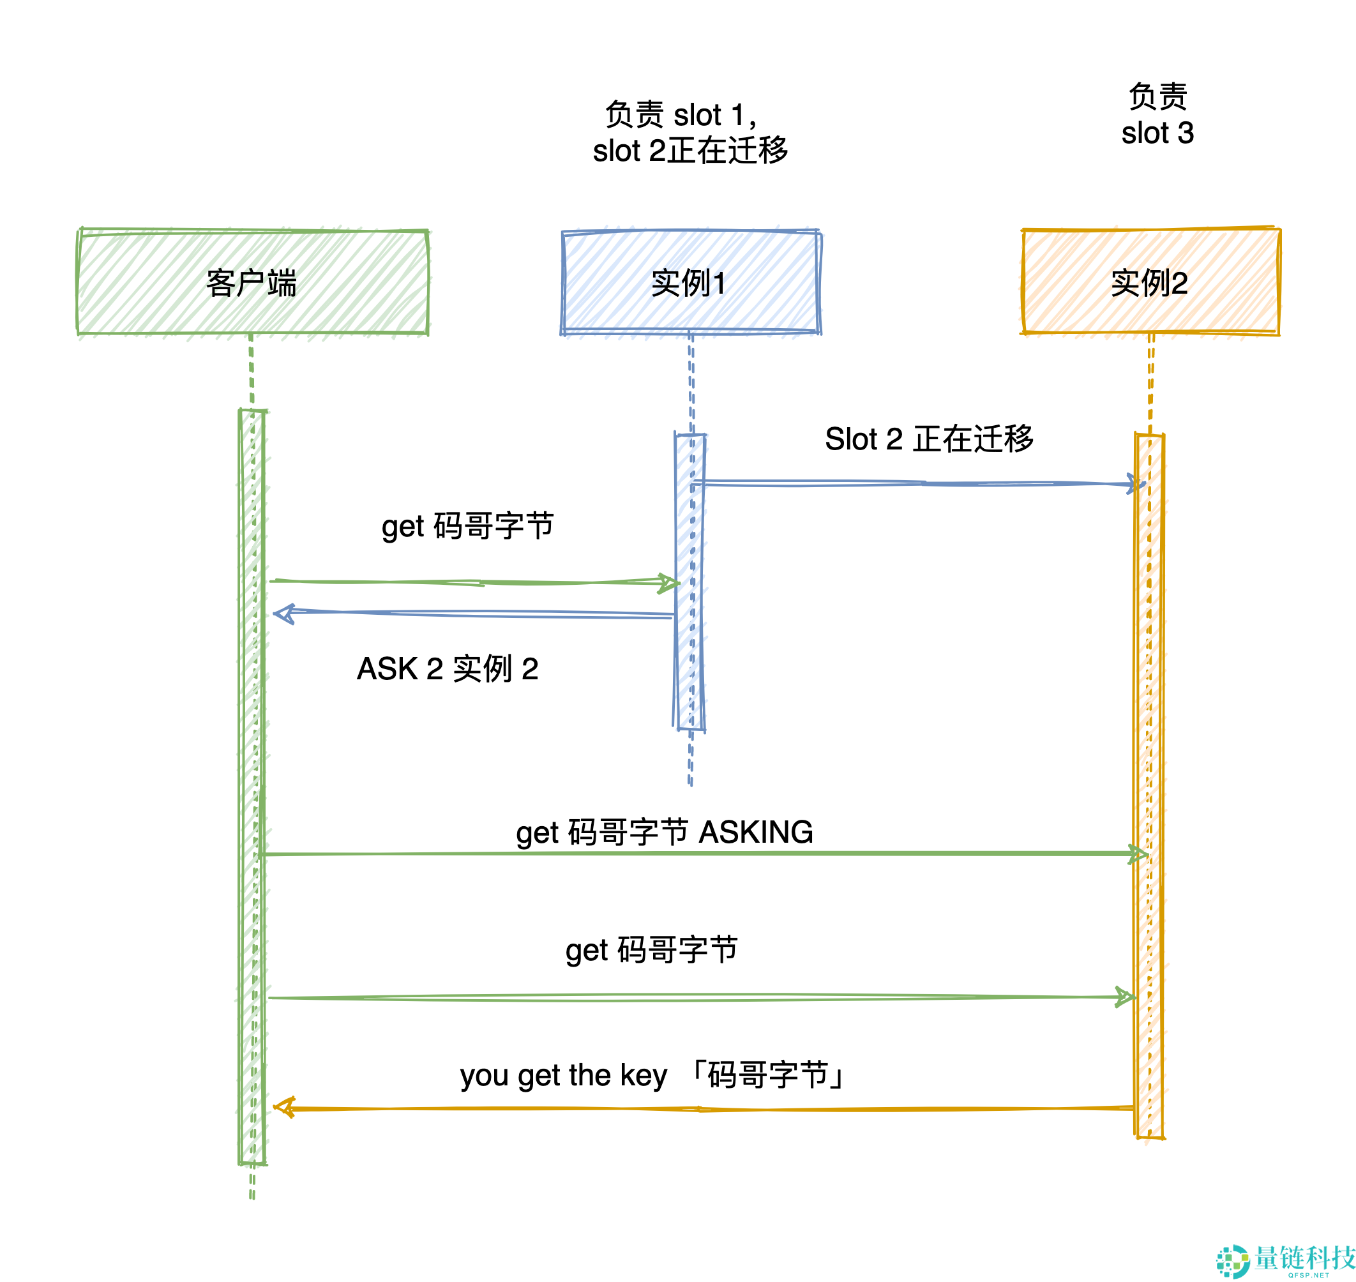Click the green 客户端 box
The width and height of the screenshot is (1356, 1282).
click(x=253, y=282)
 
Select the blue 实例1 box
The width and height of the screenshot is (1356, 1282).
click(x=690, y=282)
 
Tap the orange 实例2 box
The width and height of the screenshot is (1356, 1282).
click(x=1150, y=282)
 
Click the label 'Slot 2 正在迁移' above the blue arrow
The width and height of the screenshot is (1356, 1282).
click(x=929, y=439)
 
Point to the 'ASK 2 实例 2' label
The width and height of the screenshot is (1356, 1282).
click(x=448, y=668)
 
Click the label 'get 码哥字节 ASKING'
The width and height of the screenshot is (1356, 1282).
click(x=665, y=833)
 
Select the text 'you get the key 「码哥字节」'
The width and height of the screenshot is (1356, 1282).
click(x=652, y=1075)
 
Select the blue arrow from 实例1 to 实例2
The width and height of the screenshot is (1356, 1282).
click(x=916, y=483)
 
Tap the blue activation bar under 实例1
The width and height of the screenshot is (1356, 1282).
click(x=689, y=582)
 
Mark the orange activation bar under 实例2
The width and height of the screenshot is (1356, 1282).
click(x=1150, y=786)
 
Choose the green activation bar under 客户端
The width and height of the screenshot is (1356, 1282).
click(x=252, y=786)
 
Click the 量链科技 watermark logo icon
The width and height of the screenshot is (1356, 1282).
click(x=1232, y=1262)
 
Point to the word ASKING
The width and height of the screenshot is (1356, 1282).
click(x=756, y=833)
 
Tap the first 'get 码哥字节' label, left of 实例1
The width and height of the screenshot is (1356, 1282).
click(x=467, y=526)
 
